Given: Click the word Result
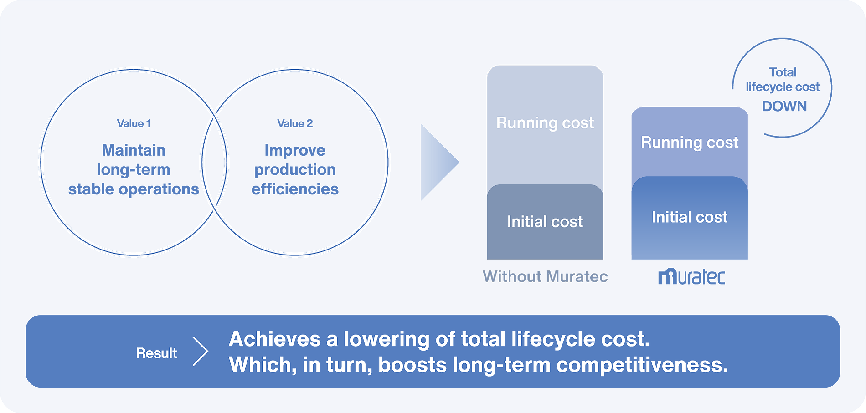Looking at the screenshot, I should click(156, 353).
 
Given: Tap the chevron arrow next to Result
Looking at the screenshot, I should click(201, 352).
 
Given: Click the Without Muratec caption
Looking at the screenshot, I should click(545, 277).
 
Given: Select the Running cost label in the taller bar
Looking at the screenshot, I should click(545, 123).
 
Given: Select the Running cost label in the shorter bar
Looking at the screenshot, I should click(690, 143).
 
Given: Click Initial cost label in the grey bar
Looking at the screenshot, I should click(545, 222).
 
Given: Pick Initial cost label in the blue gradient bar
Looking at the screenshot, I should click(690, 217).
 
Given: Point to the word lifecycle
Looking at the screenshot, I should click(553, 339).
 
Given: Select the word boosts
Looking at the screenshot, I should click(412, 365).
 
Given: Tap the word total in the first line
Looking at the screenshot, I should click(483, 339).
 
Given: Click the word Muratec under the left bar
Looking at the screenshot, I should click(577, 277).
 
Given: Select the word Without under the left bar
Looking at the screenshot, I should click(512, 277).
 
